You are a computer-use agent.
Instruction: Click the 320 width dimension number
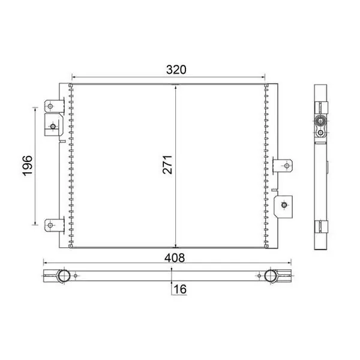(176, 70)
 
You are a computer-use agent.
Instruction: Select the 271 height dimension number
(167, 164)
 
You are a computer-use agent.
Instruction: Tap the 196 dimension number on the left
(28, 166)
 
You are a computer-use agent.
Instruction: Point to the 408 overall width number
(175, 257)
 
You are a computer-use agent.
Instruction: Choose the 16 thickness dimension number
(180, 289)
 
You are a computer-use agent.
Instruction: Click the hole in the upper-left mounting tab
(50, 106)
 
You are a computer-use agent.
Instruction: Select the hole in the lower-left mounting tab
(50, 225)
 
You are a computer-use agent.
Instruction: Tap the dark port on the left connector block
(53, 126)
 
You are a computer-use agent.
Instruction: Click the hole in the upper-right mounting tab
(287, 166)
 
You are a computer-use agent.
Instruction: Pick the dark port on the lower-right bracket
(284, 205)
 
